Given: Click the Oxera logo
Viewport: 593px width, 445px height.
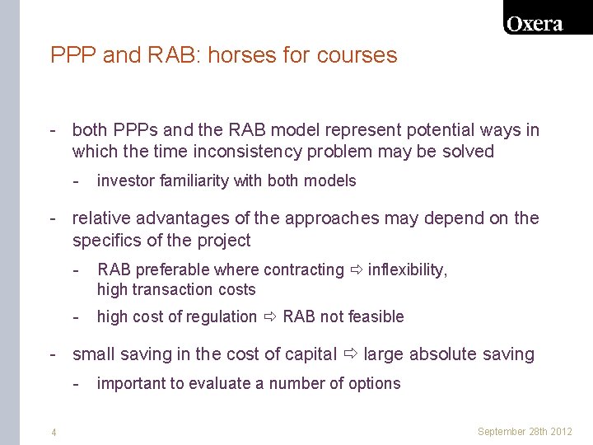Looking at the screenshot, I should tap(535, 24).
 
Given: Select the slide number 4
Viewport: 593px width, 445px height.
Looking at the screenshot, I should tap(54, 432).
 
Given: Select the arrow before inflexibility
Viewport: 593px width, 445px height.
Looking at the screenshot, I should tap(356, 269).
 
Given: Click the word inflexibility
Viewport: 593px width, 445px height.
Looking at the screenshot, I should tap(406, 269).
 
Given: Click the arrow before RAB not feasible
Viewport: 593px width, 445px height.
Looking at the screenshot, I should tap(270, 316).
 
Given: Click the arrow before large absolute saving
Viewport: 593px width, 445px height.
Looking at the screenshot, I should tap(351, 354).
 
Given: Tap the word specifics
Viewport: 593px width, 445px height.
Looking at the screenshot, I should tap(107, 241).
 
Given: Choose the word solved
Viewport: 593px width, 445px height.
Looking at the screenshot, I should tap(467, 152).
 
